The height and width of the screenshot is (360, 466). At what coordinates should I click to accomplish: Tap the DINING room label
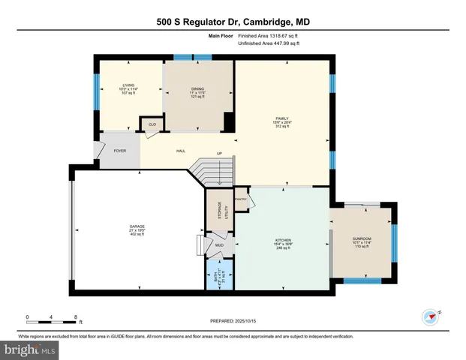pyautogui.click(x=197, y=89)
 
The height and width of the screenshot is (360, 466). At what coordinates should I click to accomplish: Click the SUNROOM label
pyautogui.click(x=362, y=238)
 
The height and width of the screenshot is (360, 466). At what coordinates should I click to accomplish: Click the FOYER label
pyautogui.click(x=119, y=151)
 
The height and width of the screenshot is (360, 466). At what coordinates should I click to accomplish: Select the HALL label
pyautogui.click(x=181, y=151)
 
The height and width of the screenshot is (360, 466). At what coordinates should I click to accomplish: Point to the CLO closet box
pyautogui.click(x=152, y=124)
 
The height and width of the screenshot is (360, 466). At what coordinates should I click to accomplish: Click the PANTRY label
pyautogui.click(x=241, y=199)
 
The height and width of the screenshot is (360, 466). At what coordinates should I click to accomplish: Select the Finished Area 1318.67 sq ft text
pyautogui.click(x=269, y=35)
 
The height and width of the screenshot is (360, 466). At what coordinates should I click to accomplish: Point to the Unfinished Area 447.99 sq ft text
pyautogui.click(x=269, y=43)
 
